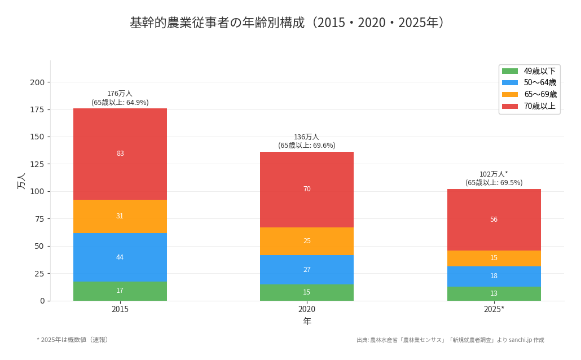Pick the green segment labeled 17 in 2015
coord(120,291)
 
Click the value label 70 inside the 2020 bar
coord(307,189)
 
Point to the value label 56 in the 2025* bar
coord(494,219)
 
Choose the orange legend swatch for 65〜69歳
coord(509,94)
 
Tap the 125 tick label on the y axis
coord(37,164)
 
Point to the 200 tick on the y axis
coord(37,82)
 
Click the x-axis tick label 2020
coord(307,309)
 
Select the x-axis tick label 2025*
coord(494,309)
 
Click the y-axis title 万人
coord(21,181)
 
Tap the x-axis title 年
coord(307,322)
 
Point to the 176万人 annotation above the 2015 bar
coord(120,94)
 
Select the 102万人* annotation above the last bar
coord(494,174)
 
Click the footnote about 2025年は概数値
coord(73,340)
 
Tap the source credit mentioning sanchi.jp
coord(450,340)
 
